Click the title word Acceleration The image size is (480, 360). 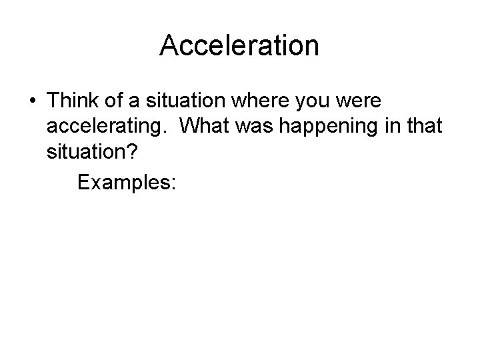coord(240,45)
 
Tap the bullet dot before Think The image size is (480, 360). coord(32,101)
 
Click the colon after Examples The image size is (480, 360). coord(173,183)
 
